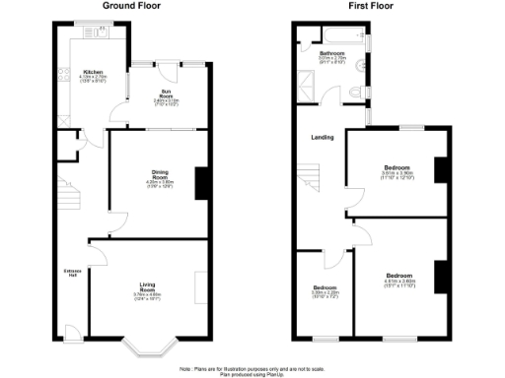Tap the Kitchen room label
93,73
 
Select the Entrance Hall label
72,272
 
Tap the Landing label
322,138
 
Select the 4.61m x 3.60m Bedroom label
399,278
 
